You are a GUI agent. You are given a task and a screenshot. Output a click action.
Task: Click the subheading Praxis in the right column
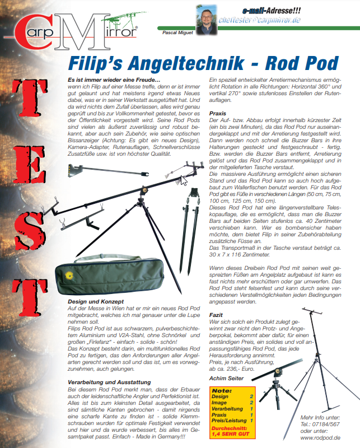pos(217,113)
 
